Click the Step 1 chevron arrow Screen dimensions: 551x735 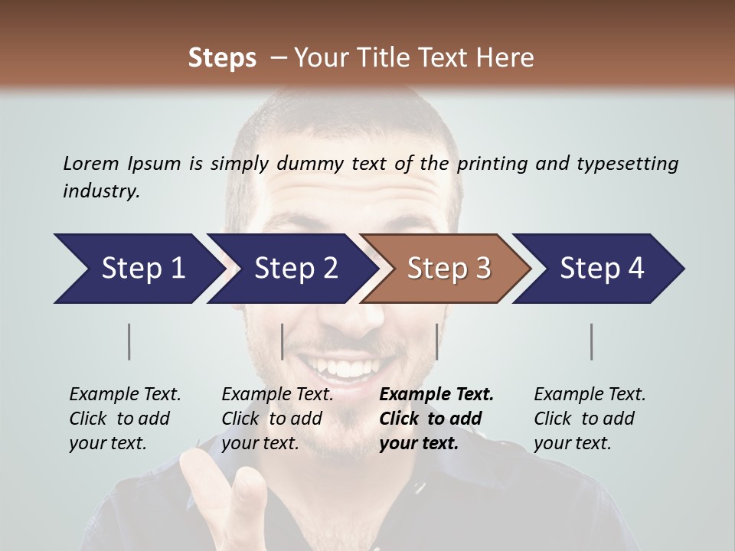pos(138,269)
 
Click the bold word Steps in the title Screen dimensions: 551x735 pos(222,58)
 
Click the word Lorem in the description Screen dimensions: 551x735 pos(90,163)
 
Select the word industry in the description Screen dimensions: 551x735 pos(101,191)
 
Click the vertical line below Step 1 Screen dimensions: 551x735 pos(129,341)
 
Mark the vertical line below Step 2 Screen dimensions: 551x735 pos(283,341)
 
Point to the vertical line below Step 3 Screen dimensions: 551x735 pos(436,341)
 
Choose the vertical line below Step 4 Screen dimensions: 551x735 pos(592,341)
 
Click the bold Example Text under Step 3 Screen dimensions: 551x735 pos(436,394)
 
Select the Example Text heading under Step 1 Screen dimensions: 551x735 pos(125,394)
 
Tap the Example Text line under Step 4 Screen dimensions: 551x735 pos(590,394)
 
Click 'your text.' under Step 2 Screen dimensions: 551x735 pos(260,443)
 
